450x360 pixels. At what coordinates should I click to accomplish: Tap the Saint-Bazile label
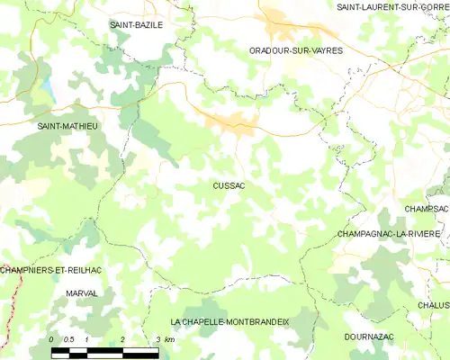pos(136,25)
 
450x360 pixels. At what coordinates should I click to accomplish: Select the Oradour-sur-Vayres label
pos(296,51)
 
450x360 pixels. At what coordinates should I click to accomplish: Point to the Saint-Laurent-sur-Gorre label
pos(392,7)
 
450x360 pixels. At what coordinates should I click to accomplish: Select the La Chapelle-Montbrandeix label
pos(229,321)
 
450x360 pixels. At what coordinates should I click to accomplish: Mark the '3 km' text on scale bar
pos(164,338)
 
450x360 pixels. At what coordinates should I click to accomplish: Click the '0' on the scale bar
pos(52,338)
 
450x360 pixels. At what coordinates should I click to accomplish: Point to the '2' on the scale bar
pos(121,338)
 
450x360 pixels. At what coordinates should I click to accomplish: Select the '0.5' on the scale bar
pos(68,338)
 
